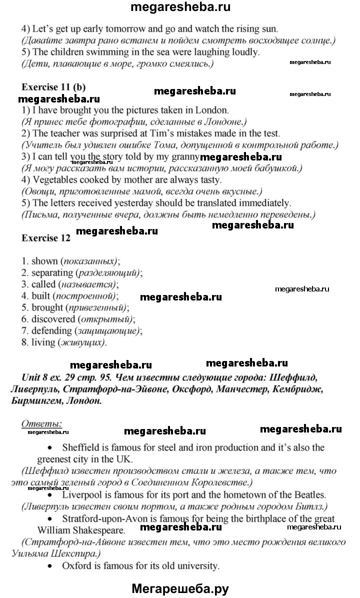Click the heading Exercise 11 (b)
tap(53, 86)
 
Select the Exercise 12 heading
tap(46, 238)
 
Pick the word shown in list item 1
tap(44, 261)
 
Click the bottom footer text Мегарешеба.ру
tap(180, 589)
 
